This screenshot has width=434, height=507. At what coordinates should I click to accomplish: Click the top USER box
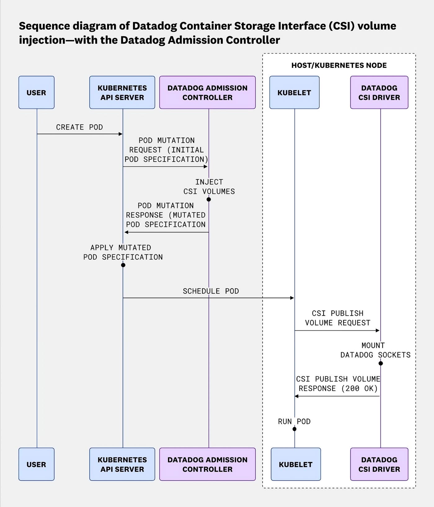point(36,92)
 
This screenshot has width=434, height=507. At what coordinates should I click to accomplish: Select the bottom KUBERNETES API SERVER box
point(122,464)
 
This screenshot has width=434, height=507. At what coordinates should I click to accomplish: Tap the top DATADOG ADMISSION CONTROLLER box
point(207,92)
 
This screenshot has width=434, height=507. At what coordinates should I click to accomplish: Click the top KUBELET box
point(294,92)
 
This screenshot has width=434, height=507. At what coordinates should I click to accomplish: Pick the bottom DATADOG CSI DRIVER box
point(379,464)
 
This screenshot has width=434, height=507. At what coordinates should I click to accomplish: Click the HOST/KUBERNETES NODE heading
point(339,65)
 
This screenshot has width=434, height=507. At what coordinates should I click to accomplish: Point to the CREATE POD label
point(79,127)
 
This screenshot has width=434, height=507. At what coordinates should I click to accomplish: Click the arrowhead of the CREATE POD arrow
point(121,134)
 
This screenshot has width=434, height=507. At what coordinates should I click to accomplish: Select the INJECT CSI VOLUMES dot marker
point(209,199)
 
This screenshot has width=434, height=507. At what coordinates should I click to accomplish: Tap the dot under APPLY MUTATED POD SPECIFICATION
point(123,265)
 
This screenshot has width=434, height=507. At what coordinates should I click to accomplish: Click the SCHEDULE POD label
point(211,291)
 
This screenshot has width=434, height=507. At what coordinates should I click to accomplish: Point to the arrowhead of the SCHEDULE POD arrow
point(292,298)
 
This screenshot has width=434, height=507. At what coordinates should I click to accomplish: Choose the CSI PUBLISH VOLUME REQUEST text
point(338,318)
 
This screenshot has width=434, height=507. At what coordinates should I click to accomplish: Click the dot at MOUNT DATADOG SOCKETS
point(381,363)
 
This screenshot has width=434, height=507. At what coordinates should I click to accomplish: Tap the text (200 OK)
point(360,388)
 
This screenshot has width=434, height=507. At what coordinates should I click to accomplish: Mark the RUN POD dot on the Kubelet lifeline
point(294,429)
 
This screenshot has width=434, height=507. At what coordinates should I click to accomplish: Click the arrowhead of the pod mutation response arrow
point(126,232)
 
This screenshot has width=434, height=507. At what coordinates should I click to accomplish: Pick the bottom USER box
point(36,464)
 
